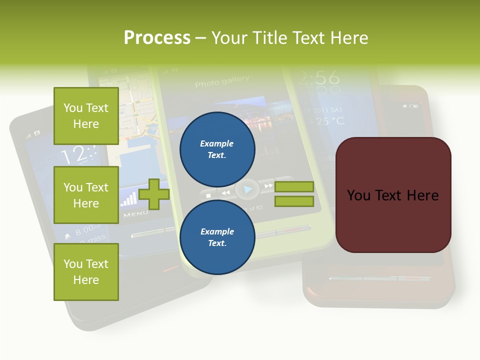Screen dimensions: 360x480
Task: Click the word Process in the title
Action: tap(157, 38)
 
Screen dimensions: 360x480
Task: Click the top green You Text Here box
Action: tap(86, 116)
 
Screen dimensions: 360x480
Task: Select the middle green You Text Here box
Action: tap(86, 195)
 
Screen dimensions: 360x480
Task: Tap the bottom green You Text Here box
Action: tap(86, 272)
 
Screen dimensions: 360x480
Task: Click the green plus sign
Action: tap(154, 194)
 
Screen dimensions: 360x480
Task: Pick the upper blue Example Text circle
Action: tap(217, 149)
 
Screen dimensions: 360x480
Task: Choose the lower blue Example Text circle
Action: tap(217, 237)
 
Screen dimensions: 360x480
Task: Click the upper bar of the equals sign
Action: tap(294, 186)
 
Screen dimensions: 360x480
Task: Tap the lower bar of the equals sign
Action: tap(294, 201)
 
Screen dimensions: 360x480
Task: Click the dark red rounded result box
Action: tap(393, 195)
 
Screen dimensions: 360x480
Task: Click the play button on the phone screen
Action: tap(247, 189)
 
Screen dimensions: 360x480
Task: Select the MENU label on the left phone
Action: tap(135, 214)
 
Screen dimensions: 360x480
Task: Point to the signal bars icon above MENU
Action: tap(128, 199)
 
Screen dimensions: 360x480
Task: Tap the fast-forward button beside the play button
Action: tap(268, 186)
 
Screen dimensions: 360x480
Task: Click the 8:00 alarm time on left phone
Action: tap(88, 230)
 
